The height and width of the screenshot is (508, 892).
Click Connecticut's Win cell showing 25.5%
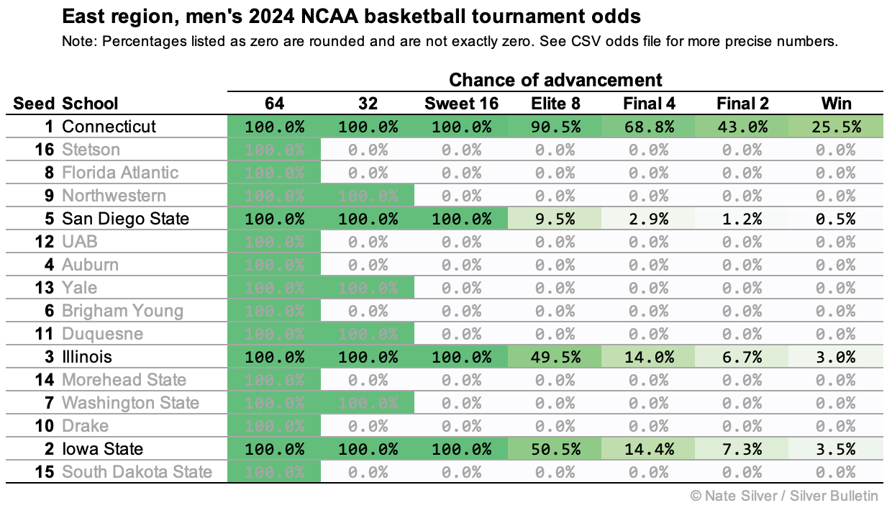pyautogui.click(x=837, y=127)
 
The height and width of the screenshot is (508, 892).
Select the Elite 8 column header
pyautogui.click(x=555, y=104)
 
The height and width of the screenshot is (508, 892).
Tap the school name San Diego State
pyautogui.click(x=125, y=219)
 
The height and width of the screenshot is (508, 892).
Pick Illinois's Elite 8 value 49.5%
pyautogui.click(x=555, y=357)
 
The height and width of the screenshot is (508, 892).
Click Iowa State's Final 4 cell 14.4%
pyautogui.click(x=649, y=449)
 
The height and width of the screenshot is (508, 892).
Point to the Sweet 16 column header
pyautogui.click(x=461, y=104)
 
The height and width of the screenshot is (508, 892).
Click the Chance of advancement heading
pyautogui.click(x=555, y=79)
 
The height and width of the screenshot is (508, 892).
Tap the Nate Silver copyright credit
pyautogui.click(x=784, y=495)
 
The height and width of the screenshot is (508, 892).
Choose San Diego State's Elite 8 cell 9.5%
pyautogui.click(x=555, y=219)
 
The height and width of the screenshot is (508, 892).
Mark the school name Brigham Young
pyautogui.click(x=122, y=311)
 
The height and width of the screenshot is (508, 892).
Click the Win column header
pyautogui.click(x=837, y=104)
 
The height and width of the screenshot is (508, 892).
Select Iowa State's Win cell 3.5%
pyautogui.click(x=837, y=449)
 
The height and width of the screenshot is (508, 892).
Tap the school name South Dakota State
pyautogui.click(x=137, y=472)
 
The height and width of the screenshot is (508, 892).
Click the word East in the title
pyautogui.click(x=81, y=16)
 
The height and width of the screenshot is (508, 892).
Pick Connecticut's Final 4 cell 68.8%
pyautogui.click(x=649, y=127)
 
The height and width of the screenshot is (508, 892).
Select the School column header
pyautogui.click(x=90, y=104)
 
